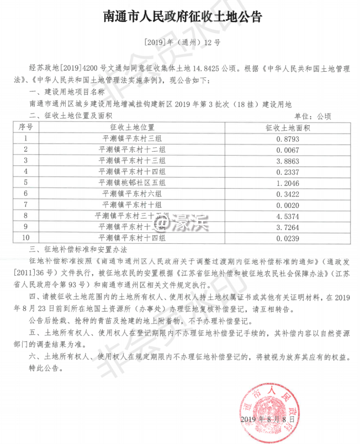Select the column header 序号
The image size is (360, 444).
(x=25, y=127)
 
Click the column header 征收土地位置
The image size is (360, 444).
(x=136, y=127)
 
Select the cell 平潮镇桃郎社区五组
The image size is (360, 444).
(x=136, y=182)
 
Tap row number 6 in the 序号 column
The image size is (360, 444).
(x=25, y=193)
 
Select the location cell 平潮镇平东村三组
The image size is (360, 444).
(x=136, y=138)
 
